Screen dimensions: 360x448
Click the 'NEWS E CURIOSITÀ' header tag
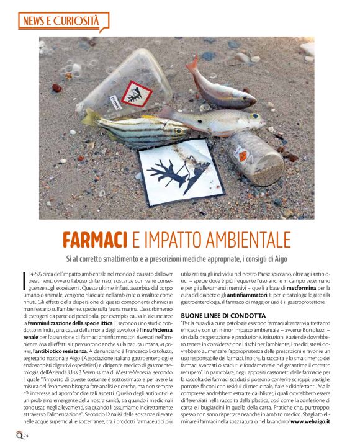[x=60, y=22]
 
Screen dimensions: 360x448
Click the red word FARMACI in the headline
[x=105, y=239]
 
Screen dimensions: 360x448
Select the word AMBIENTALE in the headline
[x=254, y=239]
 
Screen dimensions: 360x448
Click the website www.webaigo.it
[x=310, y=421]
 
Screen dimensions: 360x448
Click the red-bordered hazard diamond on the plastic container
[x=137, y=94]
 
